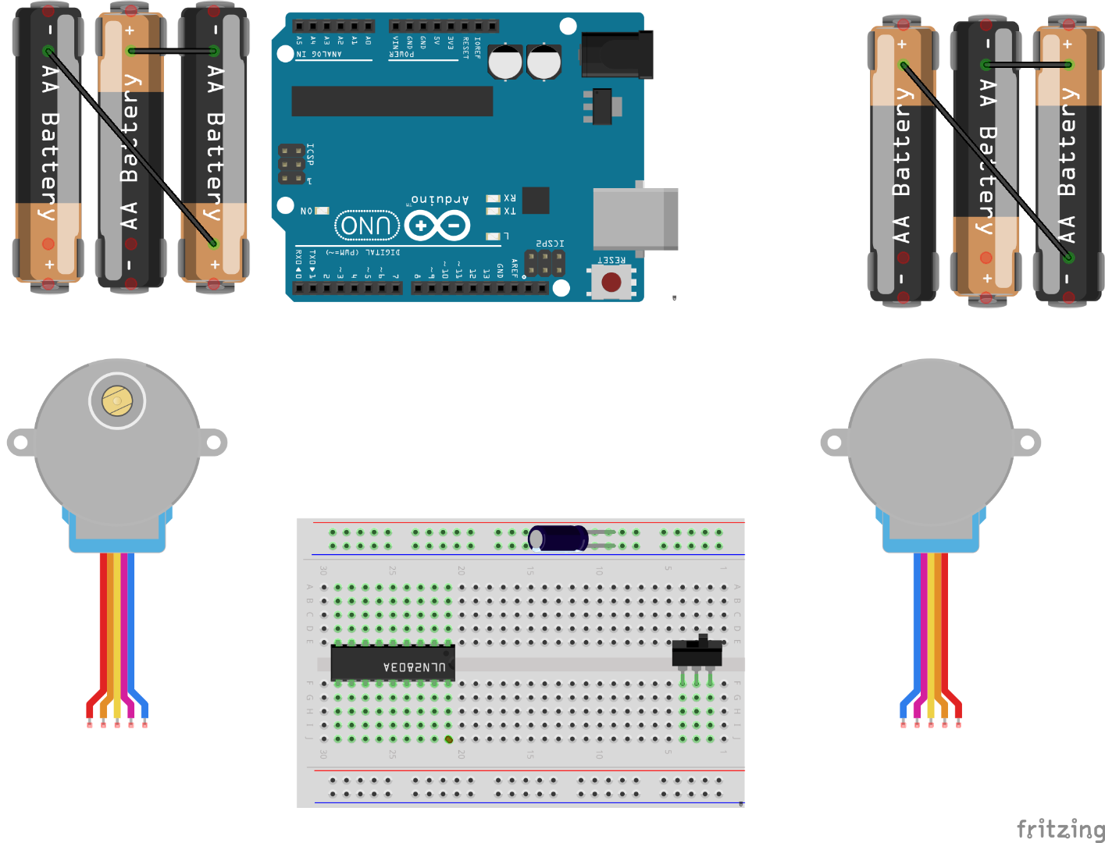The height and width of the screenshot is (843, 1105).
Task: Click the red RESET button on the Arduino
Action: pos(611,282)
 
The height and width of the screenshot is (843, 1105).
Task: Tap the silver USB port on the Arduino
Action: pos(634,219)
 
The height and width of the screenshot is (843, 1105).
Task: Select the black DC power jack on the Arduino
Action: pos(617,55)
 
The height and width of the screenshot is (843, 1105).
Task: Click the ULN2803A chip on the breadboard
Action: pos(393,663)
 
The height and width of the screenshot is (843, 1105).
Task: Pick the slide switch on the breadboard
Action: pos(697,653)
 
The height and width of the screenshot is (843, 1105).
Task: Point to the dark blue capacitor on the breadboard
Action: pos(558,538)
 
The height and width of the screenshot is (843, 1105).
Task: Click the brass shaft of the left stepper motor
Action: pos(117,401)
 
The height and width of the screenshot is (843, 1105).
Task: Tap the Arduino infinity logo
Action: pos(437,226)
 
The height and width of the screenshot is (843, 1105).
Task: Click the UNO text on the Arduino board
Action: pos(366,226)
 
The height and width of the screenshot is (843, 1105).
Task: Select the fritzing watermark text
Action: pos(1060,828)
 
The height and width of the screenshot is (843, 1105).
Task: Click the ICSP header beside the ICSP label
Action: pos(292,164)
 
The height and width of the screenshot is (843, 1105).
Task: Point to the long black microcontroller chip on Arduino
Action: pos(392,101)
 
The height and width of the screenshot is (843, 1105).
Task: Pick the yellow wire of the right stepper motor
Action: pos(931,624)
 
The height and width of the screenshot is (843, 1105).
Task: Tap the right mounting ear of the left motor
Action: pos(212,443)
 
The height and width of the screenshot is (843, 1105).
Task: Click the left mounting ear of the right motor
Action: pos(834,443)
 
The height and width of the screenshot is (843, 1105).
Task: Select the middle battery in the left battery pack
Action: pos(130,148)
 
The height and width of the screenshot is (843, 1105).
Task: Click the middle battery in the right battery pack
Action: pos(986,160)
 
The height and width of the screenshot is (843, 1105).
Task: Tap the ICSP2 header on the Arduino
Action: pos(544,263)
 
